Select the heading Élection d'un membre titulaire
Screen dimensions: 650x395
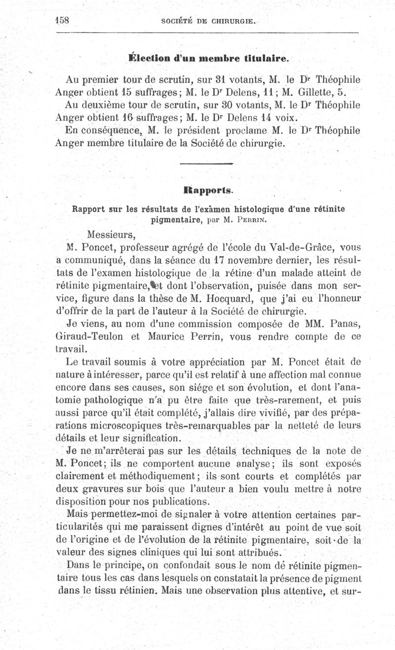click(207, 58)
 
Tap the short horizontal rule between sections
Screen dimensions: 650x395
click(207, 164)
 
